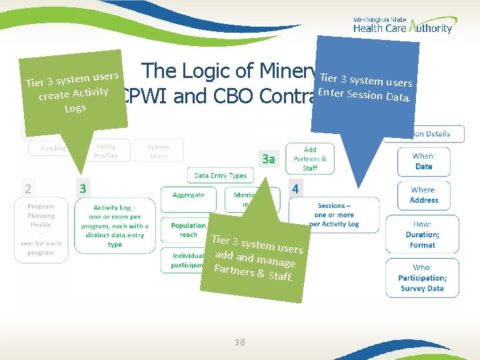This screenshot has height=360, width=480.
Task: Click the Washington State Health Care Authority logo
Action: [x=402, y=24]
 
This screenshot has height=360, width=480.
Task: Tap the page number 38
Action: [x=240, y=342]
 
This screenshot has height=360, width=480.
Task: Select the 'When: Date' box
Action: [x=423, y=162]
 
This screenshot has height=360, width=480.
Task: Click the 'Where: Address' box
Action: [x=423, y=195]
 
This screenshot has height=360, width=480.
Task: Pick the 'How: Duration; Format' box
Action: [x=422, y=235]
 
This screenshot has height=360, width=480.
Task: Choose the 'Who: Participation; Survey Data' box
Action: [x=422, y=278]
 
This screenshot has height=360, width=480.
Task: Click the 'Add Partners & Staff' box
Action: [x=310, y=159]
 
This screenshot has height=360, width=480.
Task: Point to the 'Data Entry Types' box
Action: [x=220, y=176]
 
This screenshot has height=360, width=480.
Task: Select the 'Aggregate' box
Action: [x=188, y=195]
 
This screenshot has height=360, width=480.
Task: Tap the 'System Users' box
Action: [x=158, y=151]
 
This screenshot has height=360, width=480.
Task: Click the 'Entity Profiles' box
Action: [x=106, y=151]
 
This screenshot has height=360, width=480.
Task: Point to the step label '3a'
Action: [x=268, y=159]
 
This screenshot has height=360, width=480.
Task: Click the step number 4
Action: [x=295, y=189]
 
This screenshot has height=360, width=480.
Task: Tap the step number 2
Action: [x=27, y=189]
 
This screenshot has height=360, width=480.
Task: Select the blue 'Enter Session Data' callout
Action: [x=366, y=89]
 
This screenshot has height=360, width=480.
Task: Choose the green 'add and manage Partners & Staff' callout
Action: [x=256, y=257]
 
